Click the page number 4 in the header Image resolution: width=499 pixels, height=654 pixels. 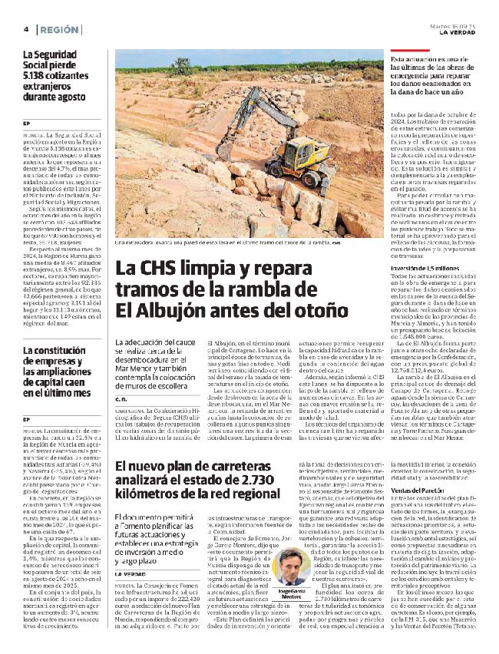25,29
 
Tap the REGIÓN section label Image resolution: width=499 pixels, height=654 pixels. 59,29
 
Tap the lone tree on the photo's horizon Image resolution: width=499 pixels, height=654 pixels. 182,66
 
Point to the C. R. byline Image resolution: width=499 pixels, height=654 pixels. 121,399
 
